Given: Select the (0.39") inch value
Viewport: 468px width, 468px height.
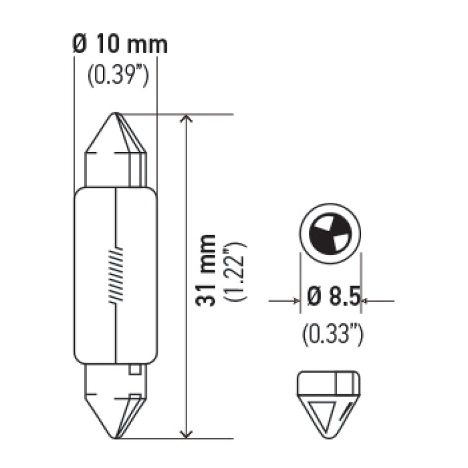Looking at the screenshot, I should point(116,76).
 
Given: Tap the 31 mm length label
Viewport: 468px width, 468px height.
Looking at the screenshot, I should point(206,270).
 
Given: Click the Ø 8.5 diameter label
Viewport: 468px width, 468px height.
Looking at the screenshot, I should point(332,300).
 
